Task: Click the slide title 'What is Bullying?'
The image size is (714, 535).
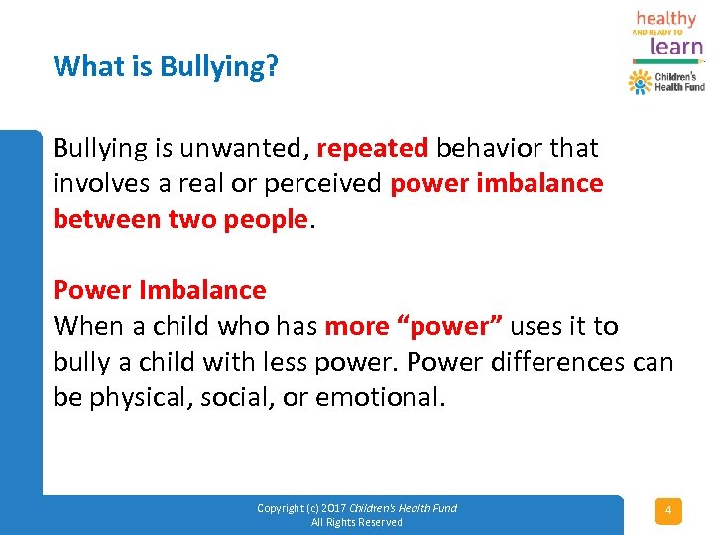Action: [x=166, y=67]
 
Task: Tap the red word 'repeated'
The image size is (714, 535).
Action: [x=373, y=149]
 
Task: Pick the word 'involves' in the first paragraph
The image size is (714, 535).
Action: [x=95, y=184]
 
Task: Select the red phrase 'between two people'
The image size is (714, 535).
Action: [x=180, y=220]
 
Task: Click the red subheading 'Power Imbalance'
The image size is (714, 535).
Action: [x=160, y=290]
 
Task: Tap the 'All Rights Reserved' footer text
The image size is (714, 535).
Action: [x=357, y=522]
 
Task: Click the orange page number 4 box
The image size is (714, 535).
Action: [x=667, y=511]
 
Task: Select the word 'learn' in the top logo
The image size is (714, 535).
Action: [x=669, y=46]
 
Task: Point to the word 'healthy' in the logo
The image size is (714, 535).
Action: [x=665, y=18]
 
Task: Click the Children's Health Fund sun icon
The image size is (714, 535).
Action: [x=640, y=82]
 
